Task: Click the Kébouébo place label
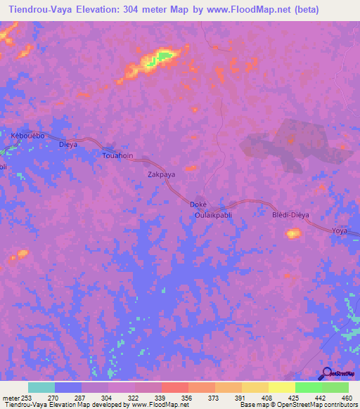[28, 134]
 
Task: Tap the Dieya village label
[67, 145]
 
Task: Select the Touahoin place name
[117, 155]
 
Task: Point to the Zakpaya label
[161, 173]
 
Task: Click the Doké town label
[198, 204]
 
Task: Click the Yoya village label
[340, 230]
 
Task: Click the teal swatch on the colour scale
[41, 387]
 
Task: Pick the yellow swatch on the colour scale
[281, 387]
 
